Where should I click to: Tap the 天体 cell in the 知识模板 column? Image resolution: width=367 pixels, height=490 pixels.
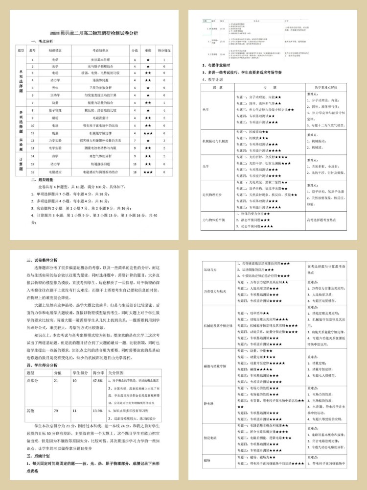pos(55,87)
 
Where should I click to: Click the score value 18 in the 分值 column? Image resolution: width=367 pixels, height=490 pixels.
pos(134,172)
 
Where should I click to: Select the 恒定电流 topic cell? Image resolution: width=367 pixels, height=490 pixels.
pos(211,438)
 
